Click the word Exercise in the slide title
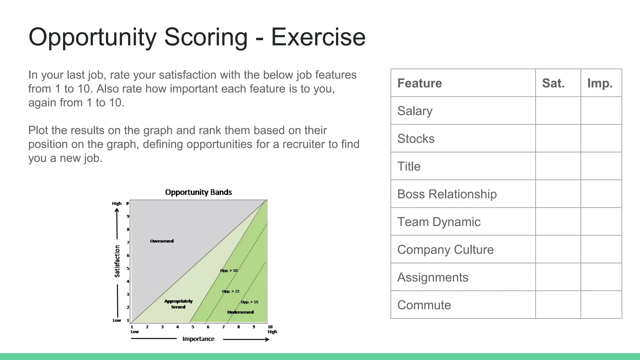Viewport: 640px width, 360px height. point(318,37)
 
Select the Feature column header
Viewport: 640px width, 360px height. point(419,83)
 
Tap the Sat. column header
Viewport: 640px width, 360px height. point(553,83)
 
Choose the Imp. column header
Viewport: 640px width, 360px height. point(600,83)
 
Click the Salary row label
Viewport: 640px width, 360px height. point(415,111)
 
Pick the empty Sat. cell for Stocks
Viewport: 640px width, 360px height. point(558,138)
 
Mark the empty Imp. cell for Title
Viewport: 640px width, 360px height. point(601,166)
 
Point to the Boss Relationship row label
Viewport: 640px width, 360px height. point(447,194)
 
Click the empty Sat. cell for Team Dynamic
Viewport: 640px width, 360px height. point(558,222)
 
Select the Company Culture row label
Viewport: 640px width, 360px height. point(445,250)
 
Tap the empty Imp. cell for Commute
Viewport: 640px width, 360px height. point(601,305)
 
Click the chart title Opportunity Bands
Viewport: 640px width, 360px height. point(198,192)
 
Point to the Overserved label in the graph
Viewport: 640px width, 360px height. point(162,241)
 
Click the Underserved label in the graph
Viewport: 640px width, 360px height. point(240,312)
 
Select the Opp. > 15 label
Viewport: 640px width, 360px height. point(249,302)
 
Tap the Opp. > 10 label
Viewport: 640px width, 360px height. point(229,270)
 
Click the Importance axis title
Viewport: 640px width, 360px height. point(198,339)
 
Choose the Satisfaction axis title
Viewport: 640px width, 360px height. point(117,261)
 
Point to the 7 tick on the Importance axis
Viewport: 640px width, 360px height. point(223,327)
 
